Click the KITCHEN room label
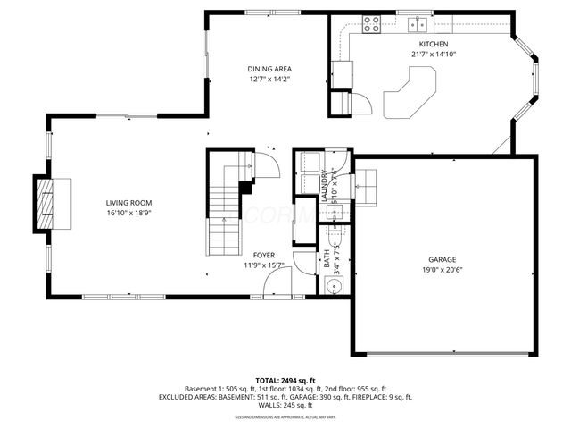[x=434, y=44]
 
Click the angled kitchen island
[x=409, y=95]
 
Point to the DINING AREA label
[x=269, y=69]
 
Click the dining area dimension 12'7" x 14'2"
[x=269, y=79]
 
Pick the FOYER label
[x=263, y=255]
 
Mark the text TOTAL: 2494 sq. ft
[x=285, y=380]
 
